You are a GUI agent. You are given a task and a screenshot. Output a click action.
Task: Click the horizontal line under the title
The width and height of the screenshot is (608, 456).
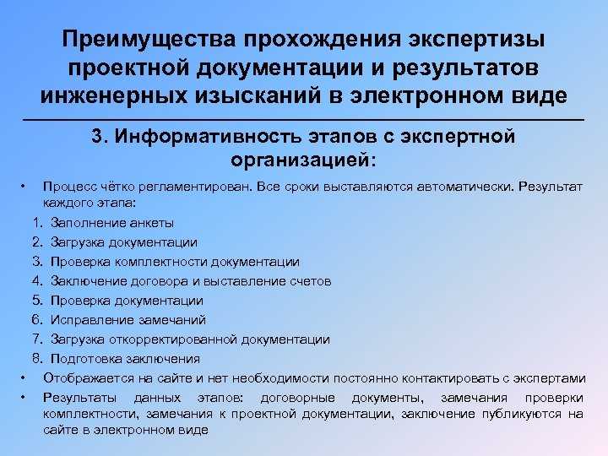pyautogui.click(x=304, y=120)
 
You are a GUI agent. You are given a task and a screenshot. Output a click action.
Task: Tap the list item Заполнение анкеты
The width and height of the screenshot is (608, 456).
pyautogui.click(x=112, y=223)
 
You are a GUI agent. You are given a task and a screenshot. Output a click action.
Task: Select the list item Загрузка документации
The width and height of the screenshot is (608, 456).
pyautogui.click(x=123, y=242)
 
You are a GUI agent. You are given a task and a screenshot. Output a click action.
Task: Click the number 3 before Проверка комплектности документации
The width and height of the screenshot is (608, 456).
pyautogui.click(x=38, y=261)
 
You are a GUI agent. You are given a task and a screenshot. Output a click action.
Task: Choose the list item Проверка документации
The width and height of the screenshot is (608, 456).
pyautogui.click(x=127, y=301)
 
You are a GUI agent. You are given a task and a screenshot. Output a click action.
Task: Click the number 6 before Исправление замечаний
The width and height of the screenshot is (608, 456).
pyautogui.click(x=37, y=319)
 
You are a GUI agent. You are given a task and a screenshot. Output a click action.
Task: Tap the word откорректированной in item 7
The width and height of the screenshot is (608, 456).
pyautogui.click(x=173, y=339)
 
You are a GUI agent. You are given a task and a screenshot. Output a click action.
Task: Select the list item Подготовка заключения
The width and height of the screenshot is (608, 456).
pyautogui.click(x=125, y=359)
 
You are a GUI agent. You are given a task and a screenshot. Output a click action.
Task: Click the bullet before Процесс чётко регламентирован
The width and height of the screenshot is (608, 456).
pyautogui.click(x=24, y=187)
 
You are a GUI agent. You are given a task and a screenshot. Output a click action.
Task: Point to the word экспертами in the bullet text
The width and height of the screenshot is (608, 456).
pyautogui.click(x=550, y=378)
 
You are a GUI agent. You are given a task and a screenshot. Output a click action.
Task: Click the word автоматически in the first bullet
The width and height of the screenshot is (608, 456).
pyautogui.click(x=465, y=187)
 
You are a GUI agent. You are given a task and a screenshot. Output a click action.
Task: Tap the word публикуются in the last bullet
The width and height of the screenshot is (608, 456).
pyautogui.click(x=522, y=414)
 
